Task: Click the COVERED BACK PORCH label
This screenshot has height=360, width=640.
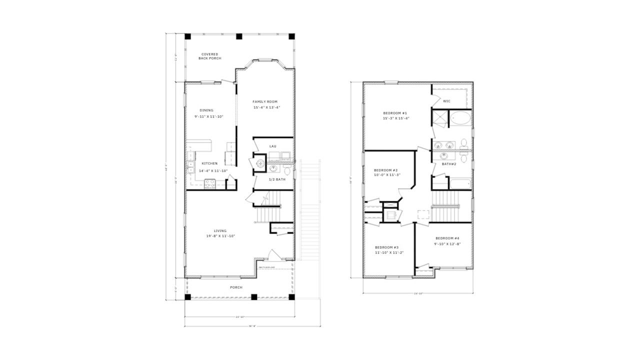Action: click(x=209, y=56)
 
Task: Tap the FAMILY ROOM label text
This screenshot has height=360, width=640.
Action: click(x=264, y=101)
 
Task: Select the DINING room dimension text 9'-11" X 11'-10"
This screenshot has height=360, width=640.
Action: click(x=209, y=116)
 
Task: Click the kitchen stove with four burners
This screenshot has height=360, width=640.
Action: click(x=209, y=183)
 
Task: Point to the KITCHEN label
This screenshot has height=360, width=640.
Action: click(x=209, y=163)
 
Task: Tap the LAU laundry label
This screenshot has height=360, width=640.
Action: click(x=273, y=146)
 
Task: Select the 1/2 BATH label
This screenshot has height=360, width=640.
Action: click(x=277, y=179)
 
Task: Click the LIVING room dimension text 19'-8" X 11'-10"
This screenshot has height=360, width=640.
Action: click(x=220, y=236)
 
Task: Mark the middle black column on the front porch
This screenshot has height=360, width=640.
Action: click(x=254, y=297)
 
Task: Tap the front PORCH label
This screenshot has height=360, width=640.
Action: click(x=236, y=287)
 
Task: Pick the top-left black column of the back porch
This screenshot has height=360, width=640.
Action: click(x=187, y=36)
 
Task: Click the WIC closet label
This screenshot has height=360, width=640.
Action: click(x=446, y=101)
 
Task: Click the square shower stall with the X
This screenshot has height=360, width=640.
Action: click(x=440, y=119)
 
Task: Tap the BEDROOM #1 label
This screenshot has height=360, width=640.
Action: click(x=395, y=113)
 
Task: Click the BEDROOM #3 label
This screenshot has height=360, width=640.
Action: click(x=386, y=247)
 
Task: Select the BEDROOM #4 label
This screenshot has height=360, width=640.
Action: click(x=447, y=238)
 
